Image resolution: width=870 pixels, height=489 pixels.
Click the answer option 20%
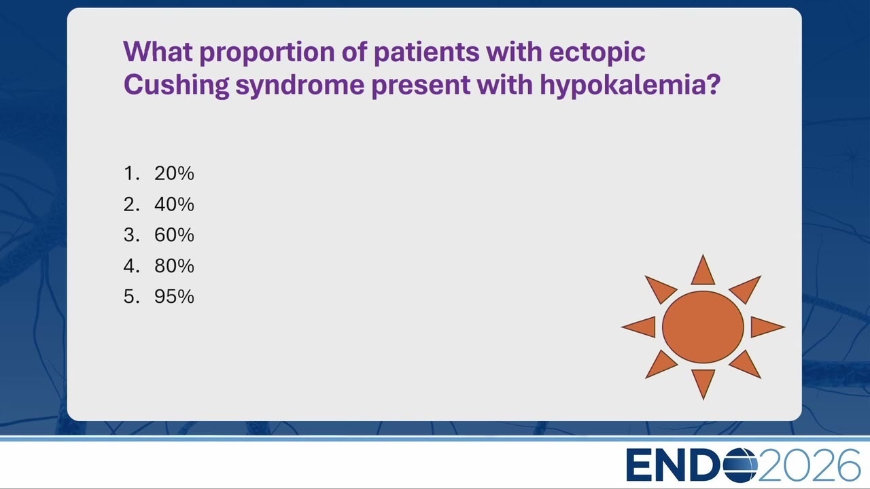click(174, 173)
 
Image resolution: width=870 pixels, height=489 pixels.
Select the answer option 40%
click(174, 204)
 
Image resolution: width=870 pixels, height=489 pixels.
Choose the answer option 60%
click(174, 235)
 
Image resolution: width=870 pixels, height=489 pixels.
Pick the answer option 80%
click(174, 266)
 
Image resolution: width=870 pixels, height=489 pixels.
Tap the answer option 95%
click(174, 297)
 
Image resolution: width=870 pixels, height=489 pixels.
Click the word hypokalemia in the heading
click(630, 85)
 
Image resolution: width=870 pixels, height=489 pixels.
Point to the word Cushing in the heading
click(176, 85)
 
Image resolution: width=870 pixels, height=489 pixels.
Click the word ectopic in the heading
click(597, 52)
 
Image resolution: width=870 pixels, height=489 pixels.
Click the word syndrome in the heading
click(300, 86)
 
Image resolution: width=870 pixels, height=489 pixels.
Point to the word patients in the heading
click(426, 52)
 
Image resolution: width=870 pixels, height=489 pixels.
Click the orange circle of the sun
click(703, 327)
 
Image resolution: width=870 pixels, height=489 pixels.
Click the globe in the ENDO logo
click(740, 465)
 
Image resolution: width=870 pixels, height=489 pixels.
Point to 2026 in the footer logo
click(809, 465)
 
